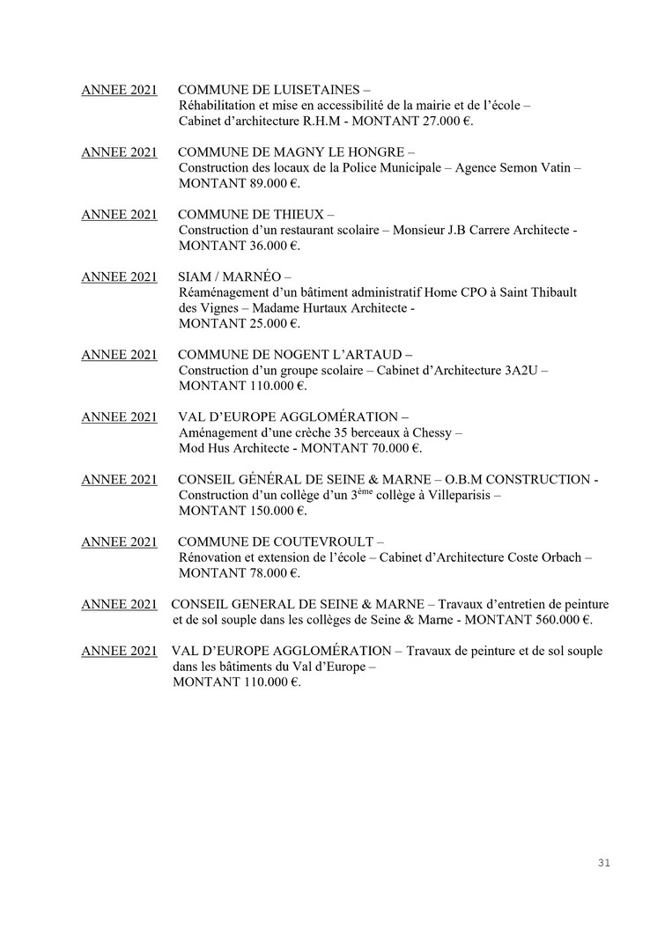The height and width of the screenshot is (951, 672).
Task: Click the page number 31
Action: (x=603, y=863)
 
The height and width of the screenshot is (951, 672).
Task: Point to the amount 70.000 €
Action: (x=388, y=448)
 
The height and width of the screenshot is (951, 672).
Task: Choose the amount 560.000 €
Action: (x=554, y=620)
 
